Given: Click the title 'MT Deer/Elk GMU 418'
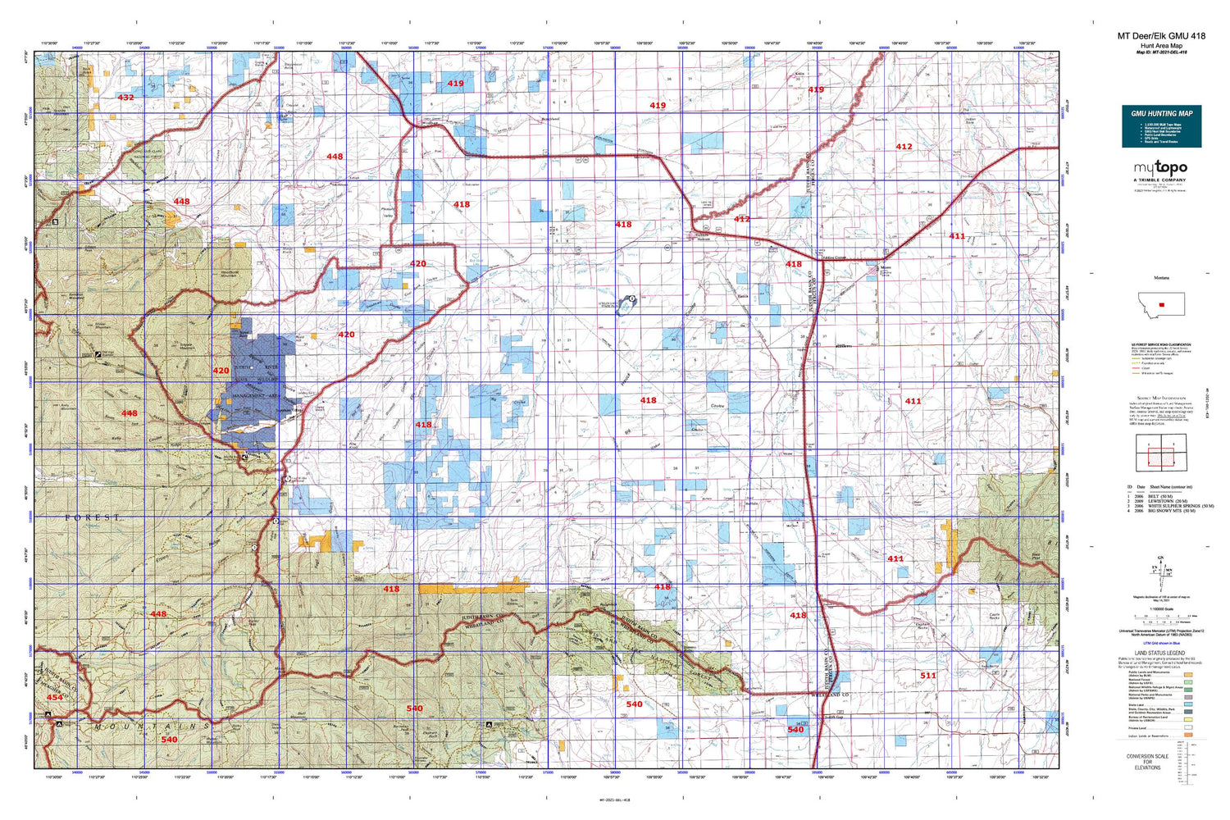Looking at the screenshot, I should click(1161, 36).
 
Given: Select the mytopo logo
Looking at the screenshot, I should click(1160, 168).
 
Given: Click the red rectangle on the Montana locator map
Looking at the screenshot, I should click(1161, 305).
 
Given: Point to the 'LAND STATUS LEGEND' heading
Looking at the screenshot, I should click(1159, 654).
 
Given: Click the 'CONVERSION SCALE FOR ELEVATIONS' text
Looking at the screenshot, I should click(1147, 762).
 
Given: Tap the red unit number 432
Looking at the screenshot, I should click(125, 98).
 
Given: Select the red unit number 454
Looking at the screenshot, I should click(54, 697).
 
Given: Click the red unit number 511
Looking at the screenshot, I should click(927, 676).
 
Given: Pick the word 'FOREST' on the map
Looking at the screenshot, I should click(93, 517).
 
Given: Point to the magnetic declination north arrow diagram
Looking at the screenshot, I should click(1160, 571).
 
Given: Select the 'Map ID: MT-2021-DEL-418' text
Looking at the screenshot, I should click(1161, 52).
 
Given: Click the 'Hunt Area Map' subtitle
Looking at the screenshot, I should click(1161, 45).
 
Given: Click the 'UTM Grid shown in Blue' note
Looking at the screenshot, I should click(1160, 644).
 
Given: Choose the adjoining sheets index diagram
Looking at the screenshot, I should click(1155, 452).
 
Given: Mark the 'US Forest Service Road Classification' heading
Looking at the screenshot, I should click(1160, 345).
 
